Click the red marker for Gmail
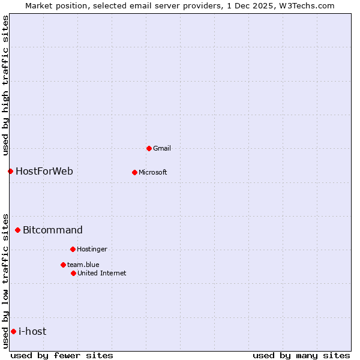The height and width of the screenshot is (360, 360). tap(149, 148)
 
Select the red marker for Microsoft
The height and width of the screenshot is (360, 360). tap(134, 172)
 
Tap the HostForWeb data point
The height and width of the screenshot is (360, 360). tap(10, 171)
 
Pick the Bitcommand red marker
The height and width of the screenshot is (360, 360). tap(17, 230)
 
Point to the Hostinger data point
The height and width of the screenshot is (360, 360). tap(73, 249)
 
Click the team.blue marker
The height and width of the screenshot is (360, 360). tap(63, 265)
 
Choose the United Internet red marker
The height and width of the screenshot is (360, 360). tap(73, 273)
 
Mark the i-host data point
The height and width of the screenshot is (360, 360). tap(13, 331)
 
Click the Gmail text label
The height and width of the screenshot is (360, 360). tap(162, 148)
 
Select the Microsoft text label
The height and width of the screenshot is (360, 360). tap(153, 173)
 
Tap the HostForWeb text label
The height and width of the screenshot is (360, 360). tap(44, 172)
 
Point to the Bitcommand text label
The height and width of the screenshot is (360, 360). tap(53, 230)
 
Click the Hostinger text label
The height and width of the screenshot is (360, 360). tap(92, 249)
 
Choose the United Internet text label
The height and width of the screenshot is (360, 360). tap(102, 273)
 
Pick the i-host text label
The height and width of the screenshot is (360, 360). tap(32, 332)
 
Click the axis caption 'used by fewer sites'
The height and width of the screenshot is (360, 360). tap(62, 355)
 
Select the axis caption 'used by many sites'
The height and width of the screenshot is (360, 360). tap(301, 355)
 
